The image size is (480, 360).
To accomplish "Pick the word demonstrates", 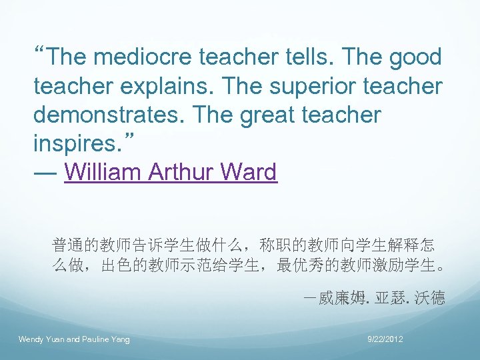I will [x=111, y=115].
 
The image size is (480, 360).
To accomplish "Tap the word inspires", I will [x=73, y=144].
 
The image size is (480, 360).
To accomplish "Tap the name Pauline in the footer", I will [x=96, y=340].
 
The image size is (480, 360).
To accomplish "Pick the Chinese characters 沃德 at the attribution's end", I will [x=429, y=297].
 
